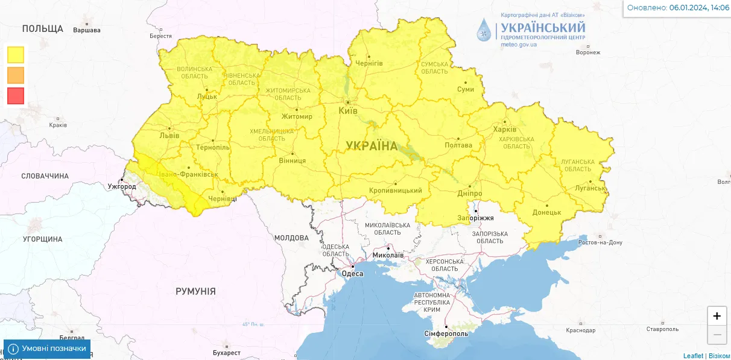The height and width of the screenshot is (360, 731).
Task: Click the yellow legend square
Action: pyautogui.click(x=16, y=55)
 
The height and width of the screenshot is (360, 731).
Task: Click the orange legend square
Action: pyautogui.click(x=16, y=75)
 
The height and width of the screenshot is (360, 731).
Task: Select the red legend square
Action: pyautogui.click(x=16, y=96)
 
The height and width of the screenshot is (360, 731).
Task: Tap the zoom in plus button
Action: pyautogui.click(x=717, y=316)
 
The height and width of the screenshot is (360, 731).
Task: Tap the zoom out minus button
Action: pyautogui.click(x=717, y=335)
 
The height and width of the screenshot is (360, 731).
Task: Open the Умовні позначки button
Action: pyautogui.click(x=48, y=349)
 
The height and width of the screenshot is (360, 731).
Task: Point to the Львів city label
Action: pyautogui.click(x=169, y=135)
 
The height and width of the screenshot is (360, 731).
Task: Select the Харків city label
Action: pyautogui.click(x=505, y=130)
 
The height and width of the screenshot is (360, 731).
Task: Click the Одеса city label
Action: pyautogui.click(x=353, y=274)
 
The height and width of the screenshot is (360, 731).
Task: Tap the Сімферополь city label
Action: pyautogui.click(x=447, y=333)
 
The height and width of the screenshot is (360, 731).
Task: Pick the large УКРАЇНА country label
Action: pyautogui.click(x=372, y=146)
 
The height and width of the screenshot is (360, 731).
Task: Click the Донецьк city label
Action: pyautogui.click(x=547, y=212)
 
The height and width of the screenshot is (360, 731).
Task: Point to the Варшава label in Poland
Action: pyautogui.click(x=86, y=30)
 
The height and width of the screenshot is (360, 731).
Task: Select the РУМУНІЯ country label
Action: pyautogui.click(x=195, y=291)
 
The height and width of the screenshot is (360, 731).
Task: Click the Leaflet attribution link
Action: pyautogui.click(x=693, y=356)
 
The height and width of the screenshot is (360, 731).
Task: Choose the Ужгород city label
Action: pyautogui.click(x=122, y=186)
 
